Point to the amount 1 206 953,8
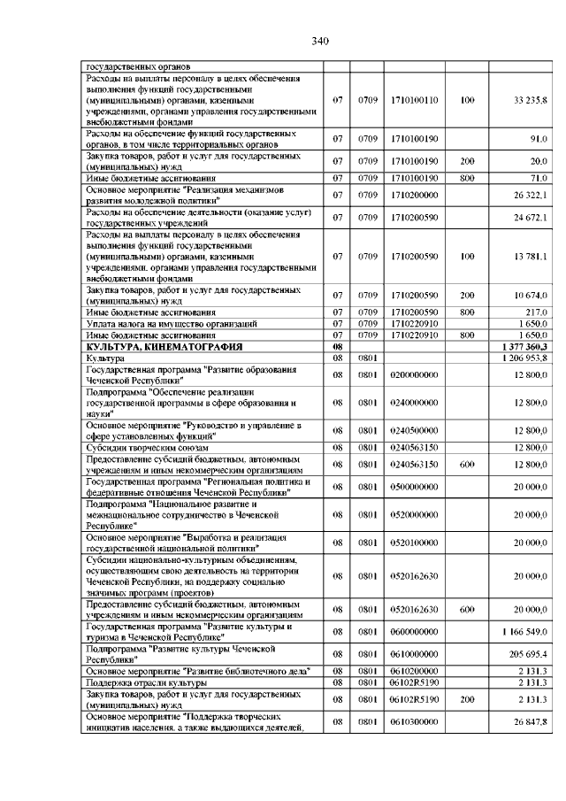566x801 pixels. (524, 358)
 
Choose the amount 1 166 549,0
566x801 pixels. (525, 632)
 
